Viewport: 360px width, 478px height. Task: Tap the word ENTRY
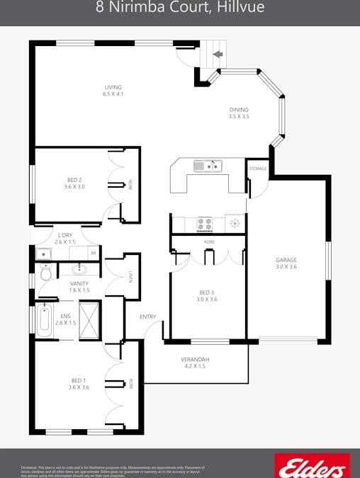pyautogui.click(x=147, y=317)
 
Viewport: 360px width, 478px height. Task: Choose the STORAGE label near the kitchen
pyautogui.click(x=258, y=169)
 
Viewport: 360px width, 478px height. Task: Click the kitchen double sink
pyautogui.click(x=208, y=166)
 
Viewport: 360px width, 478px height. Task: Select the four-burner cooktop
pyautogui.click(x=205, y=224)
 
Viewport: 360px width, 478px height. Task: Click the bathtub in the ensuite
pyautogui.click(x=44, y=319)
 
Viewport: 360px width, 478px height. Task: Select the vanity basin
pyautogui.click(x=79, y=269)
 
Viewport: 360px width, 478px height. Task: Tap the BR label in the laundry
pyautogui.click(x=93, y=253)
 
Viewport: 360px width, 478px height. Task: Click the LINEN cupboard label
pyautogui.click(x=130, y=278)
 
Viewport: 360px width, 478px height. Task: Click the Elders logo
pyautogui.click(x=312, y=467)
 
